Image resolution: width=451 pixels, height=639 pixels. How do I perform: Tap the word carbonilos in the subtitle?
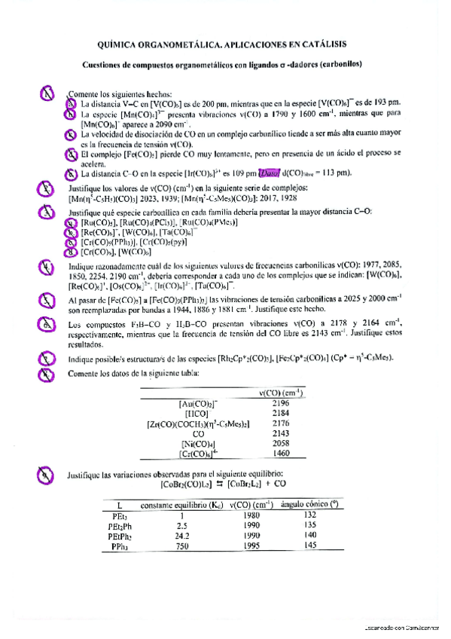coord(339,64)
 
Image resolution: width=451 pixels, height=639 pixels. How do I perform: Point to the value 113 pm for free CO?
coord(338,173)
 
